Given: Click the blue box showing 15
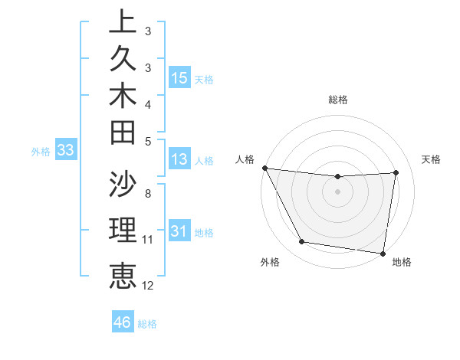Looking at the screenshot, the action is [x=179, y=77].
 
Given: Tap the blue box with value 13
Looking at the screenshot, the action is [x=179, y=160].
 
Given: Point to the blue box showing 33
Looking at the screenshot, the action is [x=66, y=151].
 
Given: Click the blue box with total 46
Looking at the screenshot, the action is [x=123, y=322].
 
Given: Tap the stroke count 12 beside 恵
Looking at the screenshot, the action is [x=148, y=286].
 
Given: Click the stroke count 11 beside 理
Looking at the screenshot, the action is [x=148, y=240].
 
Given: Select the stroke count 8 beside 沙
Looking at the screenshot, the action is [x=148, y=194].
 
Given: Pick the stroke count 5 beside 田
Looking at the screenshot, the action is [x=148, y=141].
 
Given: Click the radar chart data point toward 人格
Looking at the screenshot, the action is [x=265, y=168].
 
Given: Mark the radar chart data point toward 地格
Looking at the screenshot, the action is [x=383, y=253].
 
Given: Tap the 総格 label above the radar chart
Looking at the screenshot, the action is [x=338, y=100].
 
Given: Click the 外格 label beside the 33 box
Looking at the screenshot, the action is [x=41, y=152].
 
